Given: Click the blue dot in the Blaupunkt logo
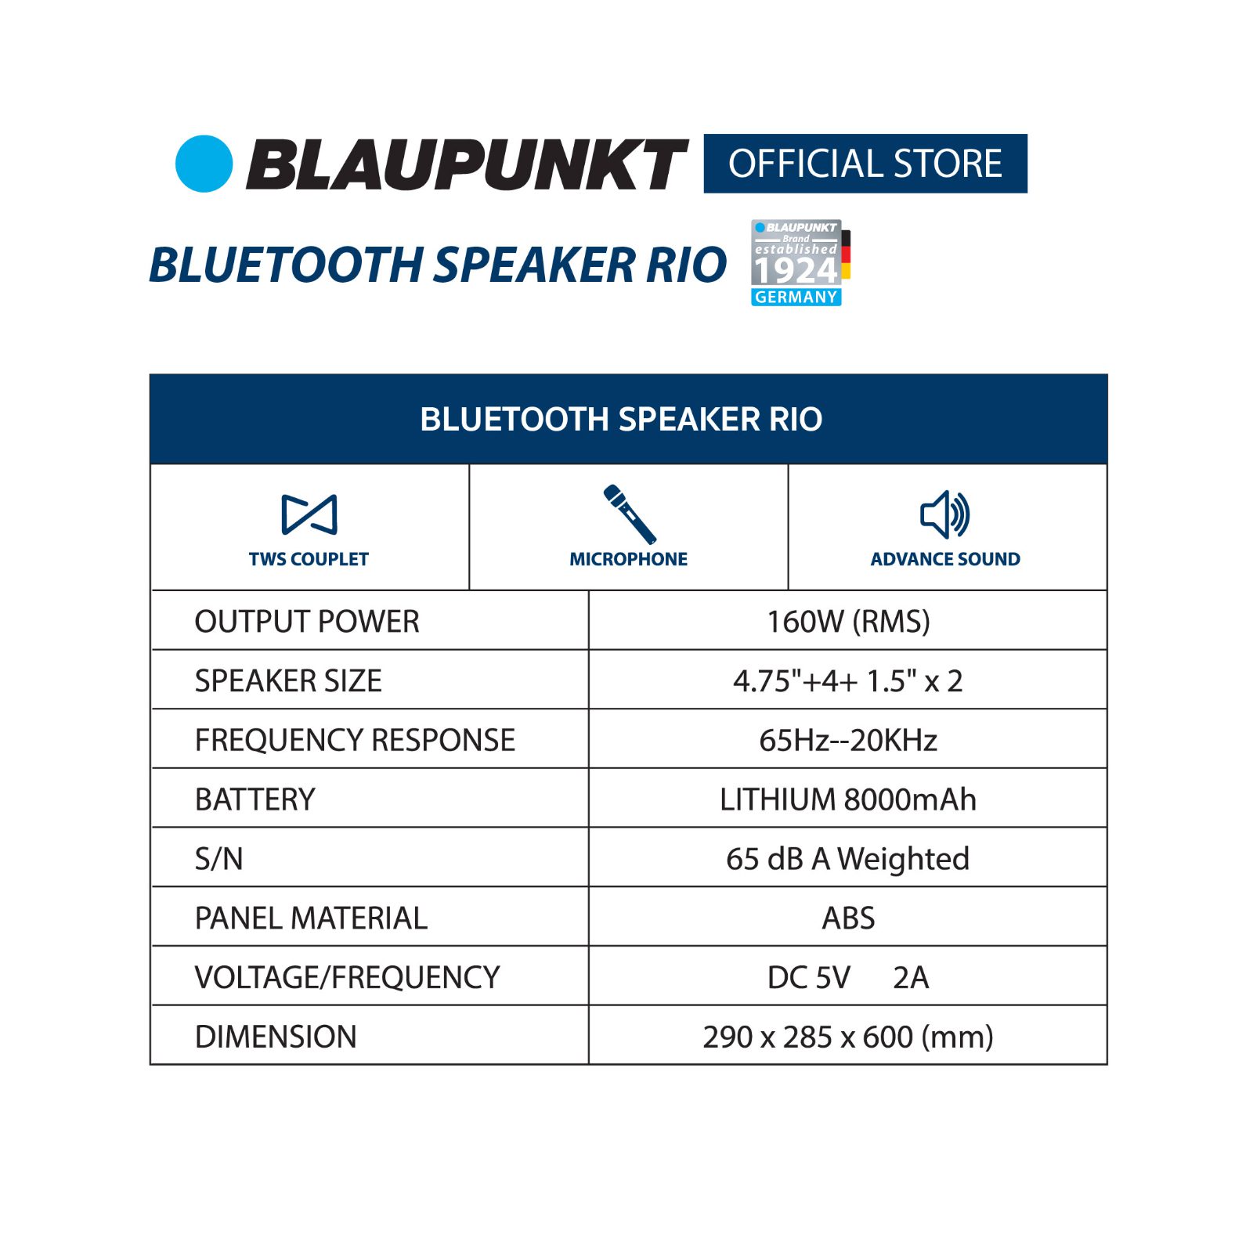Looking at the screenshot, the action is click(x=204, y=164).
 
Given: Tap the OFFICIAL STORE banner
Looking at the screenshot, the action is click(x=865, y=164).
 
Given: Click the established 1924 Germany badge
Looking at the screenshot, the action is click(x=800, y=262).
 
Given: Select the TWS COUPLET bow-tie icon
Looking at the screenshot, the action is click(x=309, y=514).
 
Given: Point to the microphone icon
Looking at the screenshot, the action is click(x=629, y=514).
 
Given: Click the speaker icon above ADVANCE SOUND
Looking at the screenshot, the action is click(x=945, y=514).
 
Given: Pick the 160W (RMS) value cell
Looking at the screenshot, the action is click(x=848, y=622).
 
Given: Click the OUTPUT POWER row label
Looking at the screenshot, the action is click(x=307, y=622).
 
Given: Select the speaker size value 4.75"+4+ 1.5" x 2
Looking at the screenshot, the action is click(x=848, y=681).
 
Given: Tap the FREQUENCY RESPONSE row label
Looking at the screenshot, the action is click(x=355, y=740).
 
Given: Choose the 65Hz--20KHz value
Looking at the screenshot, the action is click(x=848, y=740).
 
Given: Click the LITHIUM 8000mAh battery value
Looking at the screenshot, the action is click(x=848, y=799).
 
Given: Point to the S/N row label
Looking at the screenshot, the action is click(x=218, y=859).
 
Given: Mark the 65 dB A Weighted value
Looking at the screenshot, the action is click(x=848, y=859).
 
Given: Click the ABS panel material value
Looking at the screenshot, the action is click(x=848, y=918).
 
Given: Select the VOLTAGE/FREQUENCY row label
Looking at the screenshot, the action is click(x=347, y=977).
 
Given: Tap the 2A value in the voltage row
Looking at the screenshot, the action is click(x=911, y=977).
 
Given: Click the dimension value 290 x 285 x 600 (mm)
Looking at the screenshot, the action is click(x=848, y=1037).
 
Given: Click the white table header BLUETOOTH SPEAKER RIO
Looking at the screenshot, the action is click(x=621, y=419).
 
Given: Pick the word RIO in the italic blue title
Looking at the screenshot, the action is click(x=687, y=265).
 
